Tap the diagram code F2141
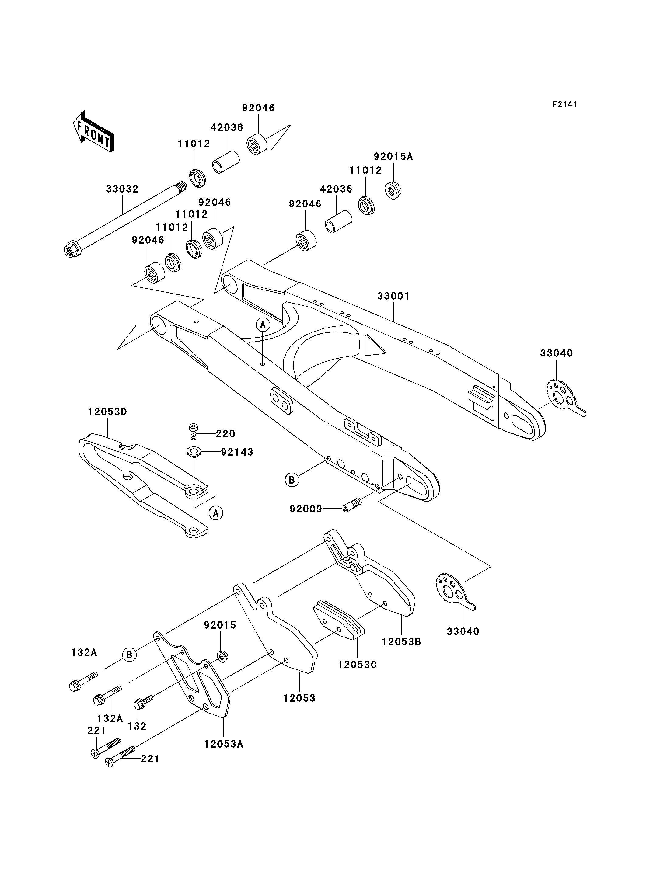point(564,104)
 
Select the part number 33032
point(122,189)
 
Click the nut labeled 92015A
point(393,190)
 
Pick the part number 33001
point(393,296)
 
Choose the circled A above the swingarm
point(262,325)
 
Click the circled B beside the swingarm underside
point(292,480)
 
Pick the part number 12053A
point(224,744)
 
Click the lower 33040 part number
point(463,631)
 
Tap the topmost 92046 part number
point(258,108)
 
